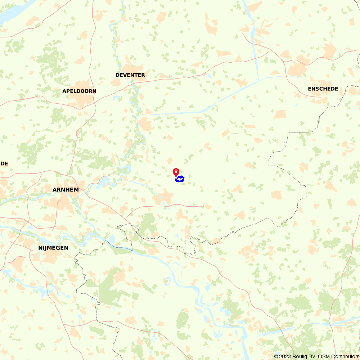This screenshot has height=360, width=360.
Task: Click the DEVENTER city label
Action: [x=130, y=75]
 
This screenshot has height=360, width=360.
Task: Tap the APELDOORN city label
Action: [x=79, y=91]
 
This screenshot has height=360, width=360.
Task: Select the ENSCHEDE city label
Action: [x=323, y=89]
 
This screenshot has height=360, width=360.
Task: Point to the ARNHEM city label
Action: [x=66, y=189]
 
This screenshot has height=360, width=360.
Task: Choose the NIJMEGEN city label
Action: [x=53, y=248]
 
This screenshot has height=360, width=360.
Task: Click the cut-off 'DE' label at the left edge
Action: [x=4, y=163]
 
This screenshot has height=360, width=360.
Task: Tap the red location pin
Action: [x=176, y=172]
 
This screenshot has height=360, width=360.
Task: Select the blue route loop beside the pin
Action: [x=180, y=179]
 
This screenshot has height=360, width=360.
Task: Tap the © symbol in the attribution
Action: [x=276, y=356]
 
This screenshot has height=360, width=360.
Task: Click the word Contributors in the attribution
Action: [x=345, y=356]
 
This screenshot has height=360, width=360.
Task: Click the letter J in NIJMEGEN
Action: [x=46, y=248]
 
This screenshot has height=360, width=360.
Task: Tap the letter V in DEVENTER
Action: [x=126, y=75]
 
